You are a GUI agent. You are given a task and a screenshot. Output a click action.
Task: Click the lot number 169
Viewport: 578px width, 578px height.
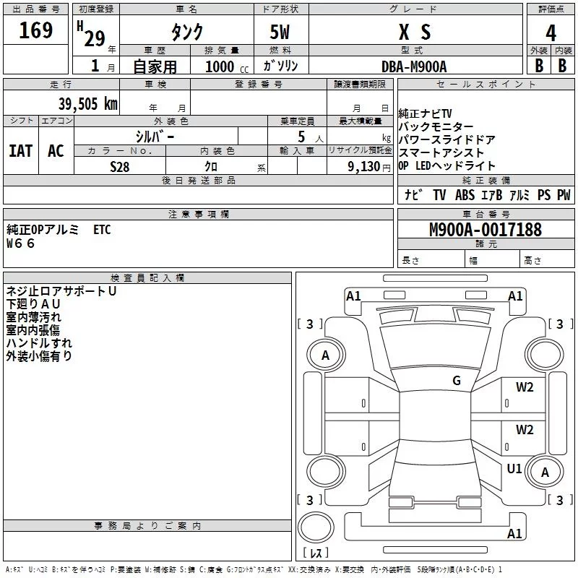pos(35,30)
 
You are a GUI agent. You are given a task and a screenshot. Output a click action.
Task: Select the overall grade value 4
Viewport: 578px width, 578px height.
pos(551,33)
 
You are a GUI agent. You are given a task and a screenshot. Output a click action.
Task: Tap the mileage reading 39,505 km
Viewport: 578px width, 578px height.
pos(88,104)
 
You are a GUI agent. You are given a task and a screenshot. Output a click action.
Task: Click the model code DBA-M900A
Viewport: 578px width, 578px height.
pos(414,66)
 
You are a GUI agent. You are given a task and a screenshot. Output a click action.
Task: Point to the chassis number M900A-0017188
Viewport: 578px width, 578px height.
pos(486,230)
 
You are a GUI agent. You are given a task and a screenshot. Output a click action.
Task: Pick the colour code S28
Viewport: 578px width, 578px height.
pos(120,167)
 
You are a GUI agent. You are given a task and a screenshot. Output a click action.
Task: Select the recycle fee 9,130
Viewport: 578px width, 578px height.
pos(364,167)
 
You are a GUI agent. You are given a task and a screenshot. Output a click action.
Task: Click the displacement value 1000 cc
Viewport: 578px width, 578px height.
pos(227,66)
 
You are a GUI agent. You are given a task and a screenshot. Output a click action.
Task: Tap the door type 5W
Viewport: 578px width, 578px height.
pos(280,32)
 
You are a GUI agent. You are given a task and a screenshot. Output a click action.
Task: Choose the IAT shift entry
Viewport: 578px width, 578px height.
pos(20,151)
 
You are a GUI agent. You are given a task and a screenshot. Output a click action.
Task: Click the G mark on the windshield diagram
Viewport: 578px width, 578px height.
pos(457,381)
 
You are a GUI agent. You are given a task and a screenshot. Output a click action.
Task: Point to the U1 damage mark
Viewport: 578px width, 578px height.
pos(514,468)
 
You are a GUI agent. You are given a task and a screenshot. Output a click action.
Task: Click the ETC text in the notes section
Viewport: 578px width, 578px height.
pos(102,230)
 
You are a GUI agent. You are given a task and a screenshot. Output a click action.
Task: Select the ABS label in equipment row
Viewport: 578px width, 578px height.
pos(465,195)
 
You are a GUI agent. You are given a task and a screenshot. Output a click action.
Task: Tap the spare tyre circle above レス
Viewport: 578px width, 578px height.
pos(316,527)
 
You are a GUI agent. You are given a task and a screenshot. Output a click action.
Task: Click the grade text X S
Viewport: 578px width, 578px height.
pos(415,32)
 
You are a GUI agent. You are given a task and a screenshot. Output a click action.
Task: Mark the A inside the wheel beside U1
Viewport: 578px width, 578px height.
pos(545,473)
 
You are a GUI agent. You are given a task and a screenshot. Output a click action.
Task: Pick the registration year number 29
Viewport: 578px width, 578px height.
pos(95,39)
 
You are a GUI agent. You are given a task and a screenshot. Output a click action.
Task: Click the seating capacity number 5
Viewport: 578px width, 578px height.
pos(301,137)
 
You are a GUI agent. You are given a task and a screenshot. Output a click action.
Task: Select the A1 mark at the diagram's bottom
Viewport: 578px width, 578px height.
pos(514,533)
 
